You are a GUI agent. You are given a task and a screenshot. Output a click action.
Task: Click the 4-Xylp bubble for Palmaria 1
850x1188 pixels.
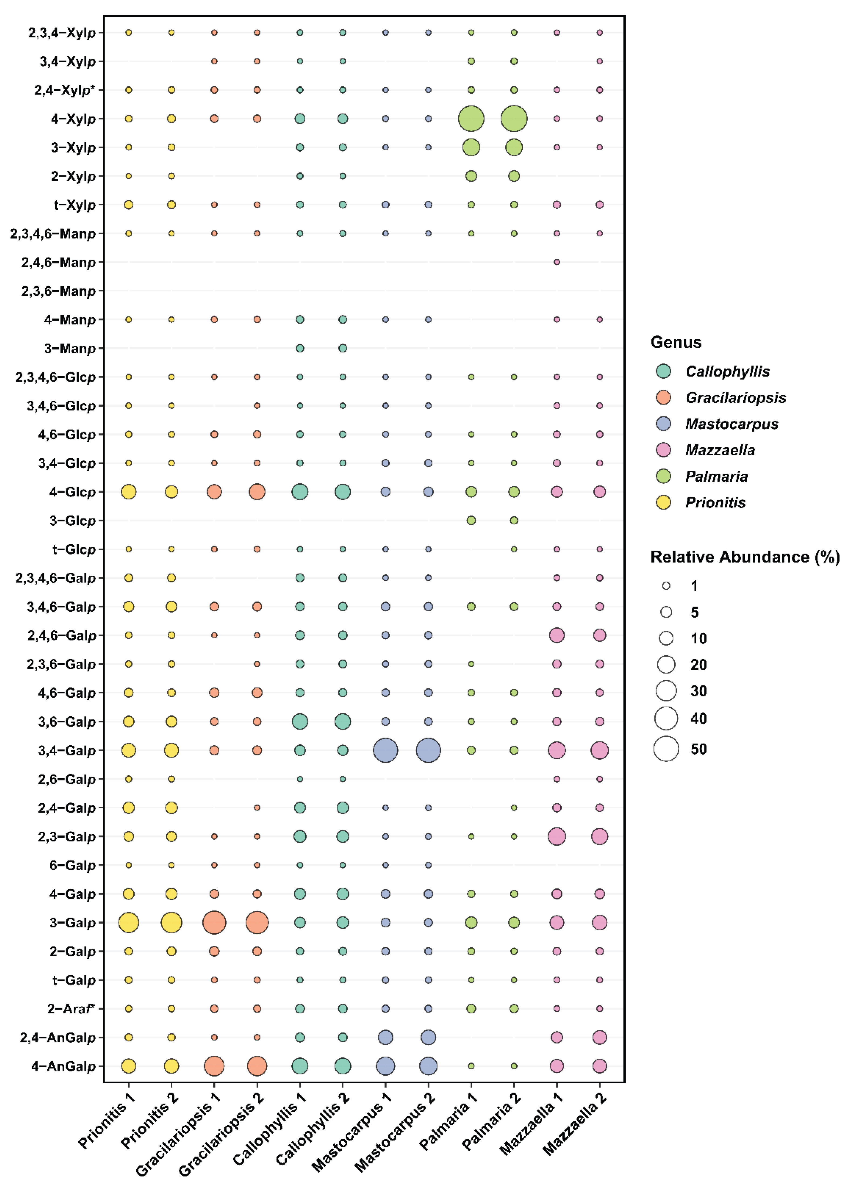click(x=471, y=119)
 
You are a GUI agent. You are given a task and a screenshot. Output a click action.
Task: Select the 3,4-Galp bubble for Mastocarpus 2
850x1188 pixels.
click(x=428, y=750)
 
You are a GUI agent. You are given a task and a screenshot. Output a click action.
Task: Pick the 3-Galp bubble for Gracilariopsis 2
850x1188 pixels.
click(x=257, y=922)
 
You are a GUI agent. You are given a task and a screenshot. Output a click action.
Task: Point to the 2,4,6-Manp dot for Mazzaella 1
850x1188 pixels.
click(x=557, y=262)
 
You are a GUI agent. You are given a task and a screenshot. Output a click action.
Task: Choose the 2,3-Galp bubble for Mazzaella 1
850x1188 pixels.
click(x=557, y=836)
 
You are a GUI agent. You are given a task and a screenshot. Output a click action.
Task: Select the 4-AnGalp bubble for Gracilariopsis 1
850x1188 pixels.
click(x=214, y=1065)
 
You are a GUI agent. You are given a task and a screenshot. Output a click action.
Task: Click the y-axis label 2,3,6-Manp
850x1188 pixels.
click(x=59, y=291)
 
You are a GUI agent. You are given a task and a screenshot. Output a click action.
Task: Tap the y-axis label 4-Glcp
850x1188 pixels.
click(x=73, y=492)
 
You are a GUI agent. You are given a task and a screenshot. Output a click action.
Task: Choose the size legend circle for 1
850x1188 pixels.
click(x=666, y=586)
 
